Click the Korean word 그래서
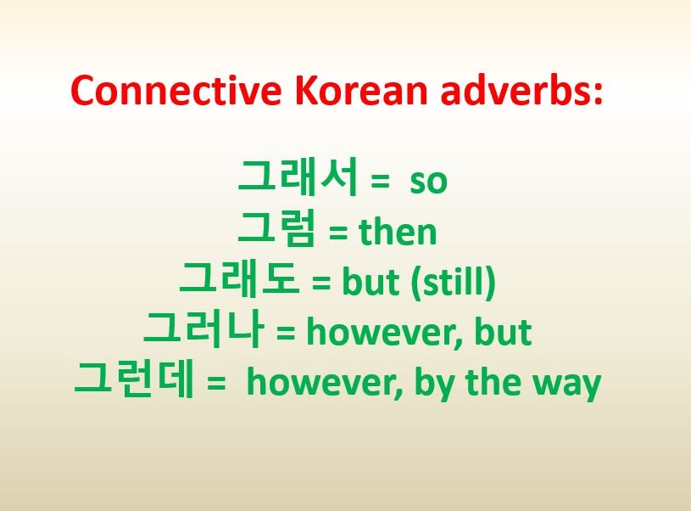coord(300,178)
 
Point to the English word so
coord(428,182)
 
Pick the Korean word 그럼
coord(277,229)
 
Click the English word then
coord(398,232)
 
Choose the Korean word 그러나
coord(205,331)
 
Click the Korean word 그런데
coord(137,382)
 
